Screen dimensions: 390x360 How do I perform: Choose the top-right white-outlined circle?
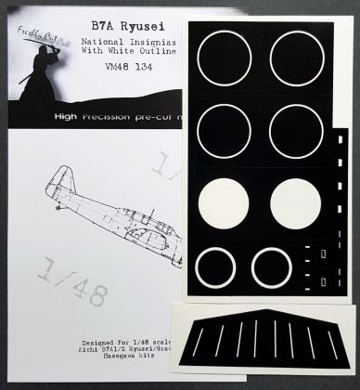298,55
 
